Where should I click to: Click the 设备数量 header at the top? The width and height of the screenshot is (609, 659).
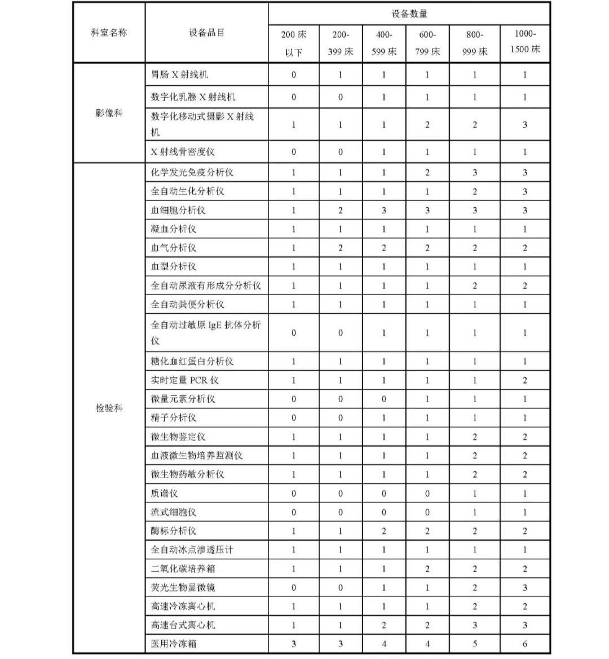click(x=409, y=14)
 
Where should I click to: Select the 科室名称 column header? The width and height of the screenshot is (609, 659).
click(x=109, y=33)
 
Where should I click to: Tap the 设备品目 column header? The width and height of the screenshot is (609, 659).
click(x=206, y=33)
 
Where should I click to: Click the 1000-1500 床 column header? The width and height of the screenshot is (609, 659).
click(x=525, y=42)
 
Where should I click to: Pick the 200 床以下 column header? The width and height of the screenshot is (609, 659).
click(x=293, y=43)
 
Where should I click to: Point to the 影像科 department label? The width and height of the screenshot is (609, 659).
click(x=109, y=113)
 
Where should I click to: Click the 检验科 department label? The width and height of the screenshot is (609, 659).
click(x=109, y=408)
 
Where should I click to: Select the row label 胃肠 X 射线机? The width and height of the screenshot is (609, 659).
click(x=179, y=74)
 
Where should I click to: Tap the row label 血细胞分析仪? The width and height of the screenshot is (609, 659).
click(x=178, y=210)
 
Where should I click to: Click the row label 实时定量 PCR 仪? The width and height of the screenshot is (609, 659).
click(x=184, y=380)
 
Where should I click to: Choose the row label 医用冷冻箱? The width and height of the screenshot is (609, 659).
click(x=174, y=643)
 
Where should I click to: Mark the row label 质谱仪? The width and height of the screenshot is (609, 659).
click(x=164, y=493)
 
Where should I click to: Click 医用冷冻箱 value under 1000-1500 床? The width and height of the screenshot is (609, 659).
click(x=525, y=643)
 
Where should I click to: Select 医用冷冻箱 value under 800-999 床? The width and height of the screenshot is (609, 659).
click(x=474, y=643)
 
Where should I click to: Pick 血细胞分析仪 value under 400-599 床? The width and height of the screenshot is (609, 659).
click(x=384, y=210)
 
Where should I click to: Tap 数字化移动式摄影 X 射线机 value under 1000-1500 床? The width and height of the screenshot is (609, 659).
click(x=525, y=124)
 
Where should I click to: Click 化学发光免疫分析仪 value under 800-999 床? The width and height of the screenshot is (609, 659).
click(x=474, y=172)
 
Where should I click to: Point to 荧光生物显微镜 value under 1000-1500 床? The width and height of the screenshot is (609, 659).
click(x=525, y=587)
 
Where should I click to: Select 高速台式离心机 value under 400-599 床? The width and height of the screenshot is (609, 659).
click(x=384, y=625)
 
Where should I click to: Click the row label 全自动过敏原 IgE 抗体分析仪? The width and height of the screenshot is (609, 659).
click(x=206, y=332)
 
